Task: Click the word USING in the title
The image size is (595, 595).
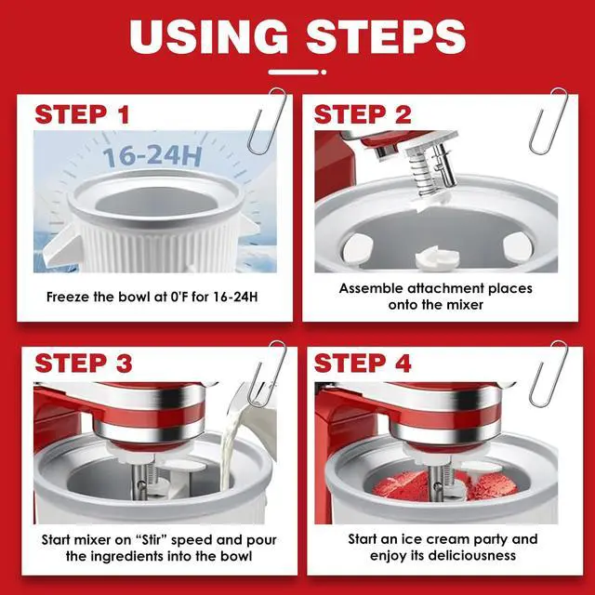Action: point(208,36)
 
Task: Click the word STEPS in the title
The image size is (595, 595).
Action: point(387,36)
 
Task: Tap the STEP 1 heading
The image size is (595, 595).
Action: point(82,114)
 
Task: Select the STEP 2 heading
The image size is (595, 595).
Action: point(363,114)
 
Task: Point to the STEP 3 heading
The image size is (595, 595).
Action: point(84,364)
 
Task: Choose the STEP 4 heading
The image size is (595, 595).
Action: point(363,364)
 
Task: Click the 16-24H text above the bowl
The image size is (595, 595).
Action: point(152,156)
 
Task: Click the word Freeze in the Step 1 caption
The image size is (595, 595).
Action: point(68,297)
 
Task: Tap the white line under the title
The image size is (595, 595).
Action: point(295,73)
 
